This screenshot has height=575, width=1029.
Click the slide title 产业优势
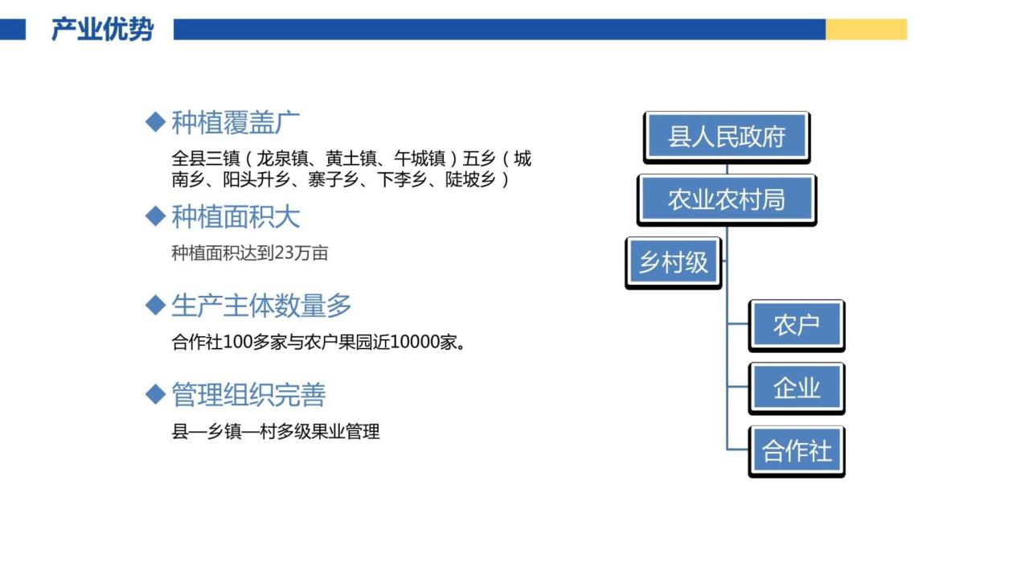[x=102, y=30]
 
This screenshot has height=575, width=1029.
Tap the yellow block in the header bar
[x=867, y=30]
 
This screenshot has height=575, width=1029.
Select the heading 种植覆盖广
[x=236, y=123]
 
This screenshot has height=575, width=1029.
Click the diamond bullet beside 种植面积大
[x=155, y=216]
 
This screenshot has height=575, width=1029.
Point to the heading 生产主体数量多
[x=261, y=306]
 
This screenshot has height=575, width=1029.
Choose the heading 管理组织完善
[x=248, y=395]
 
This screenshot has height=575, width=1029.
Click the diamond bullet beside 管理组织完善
[x=155, y=394]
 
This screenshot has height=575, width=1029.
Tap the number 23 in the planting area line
[x=285, y=253]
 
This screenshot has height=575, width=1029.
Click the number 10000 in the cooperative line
[x=415, y=342]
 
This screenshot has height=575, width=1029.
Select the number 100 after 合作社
[x=237, y=342]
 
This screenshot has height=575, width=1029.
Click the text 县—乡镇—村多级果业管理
[x=276, y=432]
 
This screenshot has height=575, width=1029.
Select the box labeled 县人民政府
[x=727, y=138]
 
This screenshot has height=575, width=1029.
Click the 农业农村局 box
[x=727, y=200]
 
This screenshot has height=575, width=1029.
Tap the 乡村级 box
[x=674, y=263]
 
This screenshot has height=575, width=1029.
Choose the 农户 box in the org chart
[x=797, y=326]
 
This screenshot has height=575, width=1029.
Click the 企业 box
[x=797, y=388]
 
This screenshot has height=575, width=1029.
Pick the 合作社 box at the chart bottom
[x=797, y=451]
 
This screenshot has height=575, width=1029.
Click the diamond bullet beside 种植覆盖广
[x=155, y=121]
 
